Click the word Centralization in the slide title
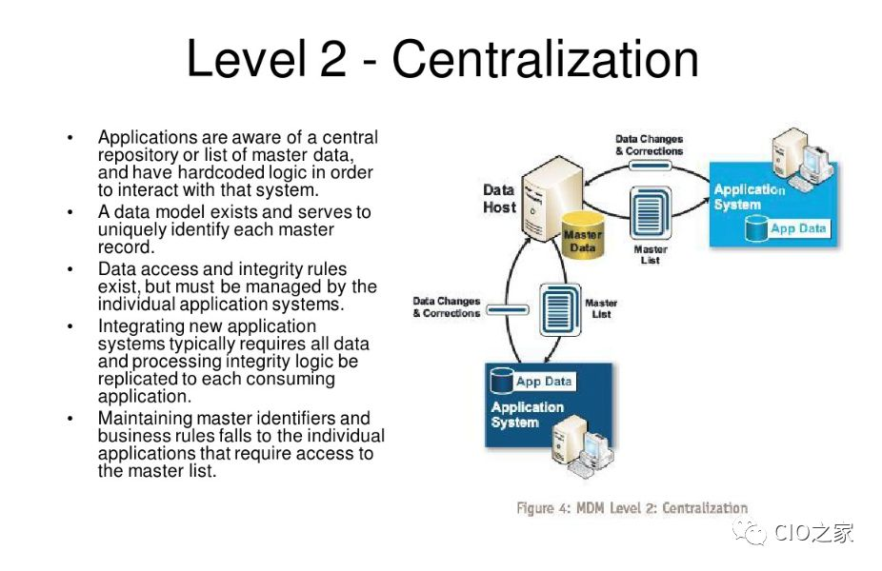point(545,58)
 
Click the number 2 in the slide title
point(333,58)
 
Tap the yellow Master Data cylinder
point(583,235)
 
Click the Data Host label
point(499,198)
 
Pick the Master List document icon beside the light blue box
point(651,212)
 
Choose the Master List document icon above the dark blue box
point(560,309)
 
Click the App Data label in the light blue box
point(797,228)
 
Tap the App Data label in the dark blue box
point(543,381)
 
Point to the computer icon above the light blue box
point(801,157)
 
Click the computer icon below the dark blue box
point(583,446)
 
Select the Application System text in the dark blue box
point(527,414)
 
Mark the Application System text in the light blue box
point(750,197)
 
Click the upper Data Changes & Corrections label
point(649,145)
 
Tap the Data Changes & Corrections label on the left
point(446,306)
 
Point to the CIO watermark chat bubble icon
point(749,530)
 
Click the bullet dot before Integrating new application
point(70,326)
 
